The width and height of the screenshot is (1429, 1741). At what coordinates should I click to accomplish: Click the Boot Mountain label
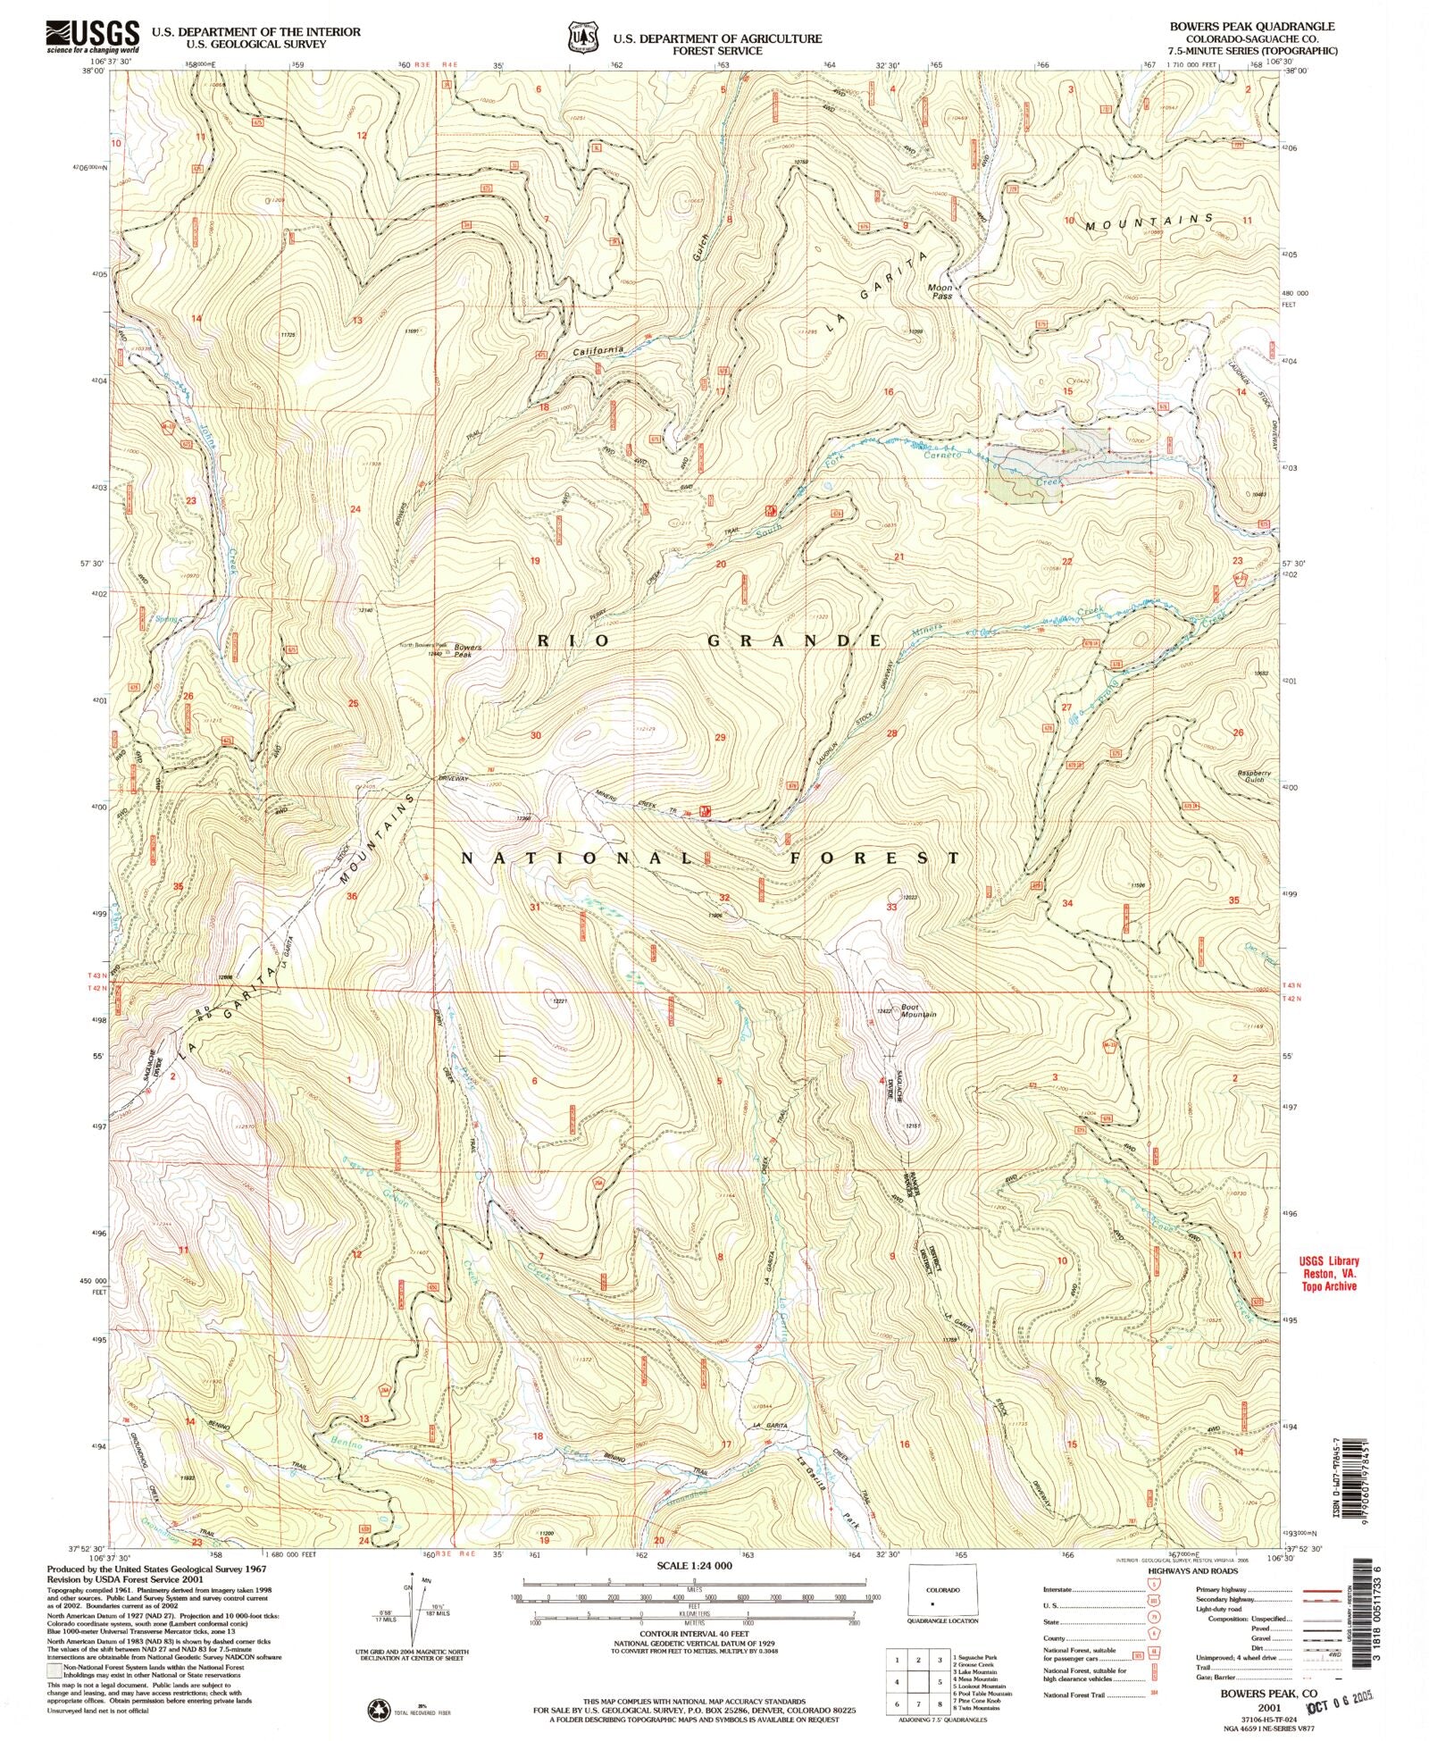tap(917, 1010)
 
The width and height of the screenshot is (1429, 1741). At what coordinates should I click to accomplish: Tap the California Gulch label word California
tap(598, 351)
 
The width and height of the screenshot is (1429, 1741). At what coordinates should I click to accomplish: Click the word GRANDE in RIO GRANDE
tap(795, 640)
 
